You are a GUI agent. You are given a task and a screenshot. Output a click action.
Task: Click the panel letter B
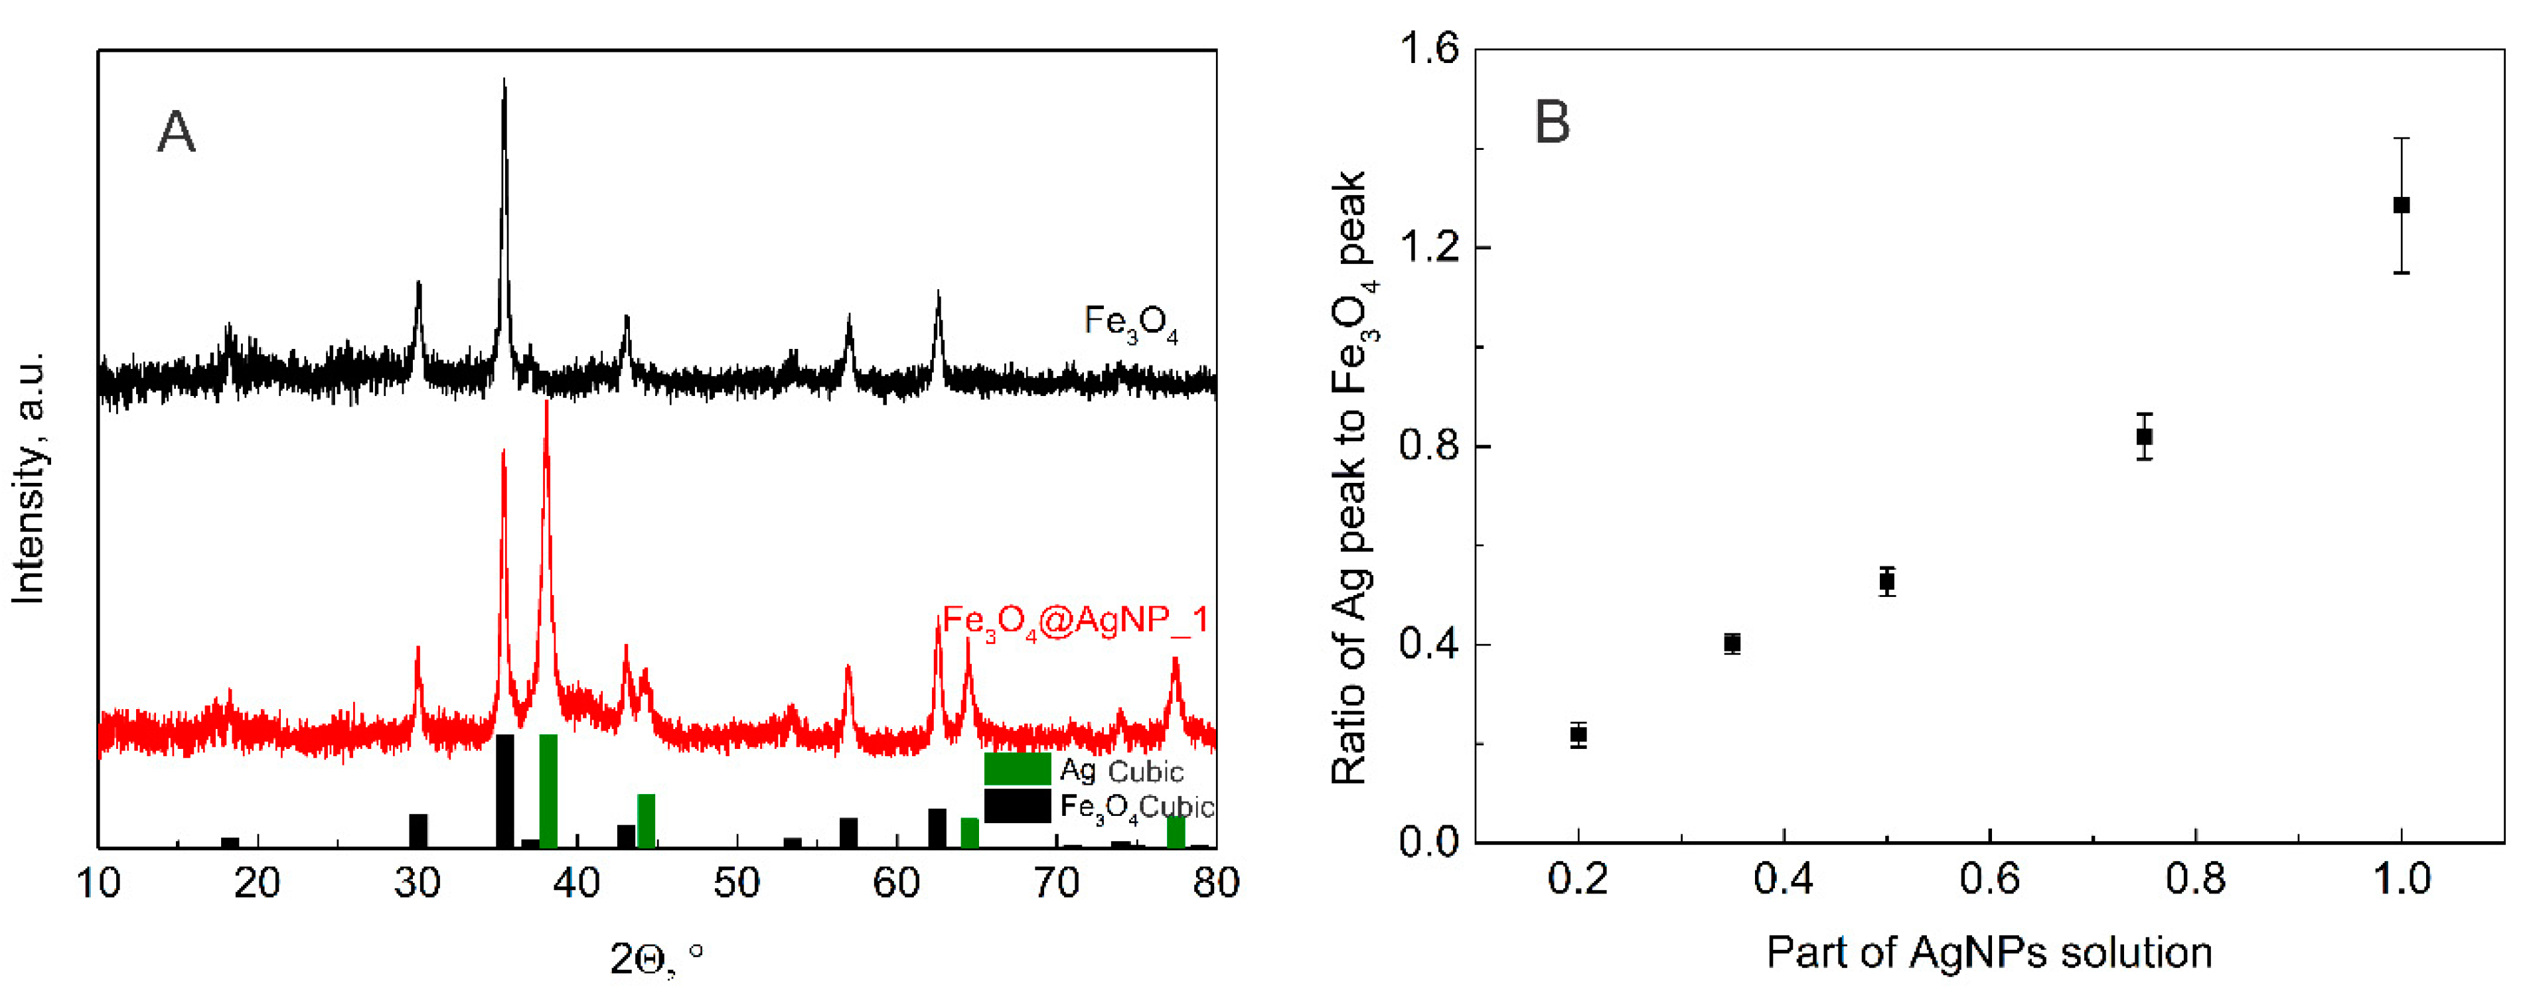(1552, 123)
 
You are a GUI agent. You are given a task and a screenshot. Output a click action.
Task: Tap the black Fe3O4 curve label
(1130, 324)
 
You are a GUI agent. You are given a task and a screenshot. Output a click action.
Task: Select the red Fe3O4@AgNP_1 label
(1075, 622)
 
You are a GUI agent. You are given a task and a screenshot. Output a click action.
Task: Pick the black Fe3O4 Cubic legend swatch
(1017, 805)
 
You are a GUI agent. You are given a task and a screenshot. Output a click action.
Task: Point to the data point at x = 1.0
(2401, 206)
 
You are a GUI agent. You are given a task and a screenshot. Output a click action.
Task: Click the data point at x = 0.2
(1578, 735)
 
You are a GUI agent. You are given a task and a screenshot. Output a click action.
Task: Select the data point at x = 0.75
(2143, 436)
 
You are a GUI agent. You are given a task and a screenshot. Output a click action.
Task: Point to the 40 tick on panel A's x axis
(576, 882)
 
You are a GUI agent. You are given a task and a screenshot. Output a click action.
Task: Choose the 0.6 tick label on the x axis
(1989, 878)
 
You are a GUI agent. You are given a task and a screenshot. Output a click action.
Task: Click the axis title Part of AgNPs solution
(1989, 952)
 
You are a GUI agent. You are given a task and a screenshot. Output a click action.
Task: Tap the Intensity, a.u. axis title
(29, 478)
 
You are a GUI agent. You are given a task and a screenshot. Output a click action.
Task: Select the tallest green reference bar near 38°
(548, 791)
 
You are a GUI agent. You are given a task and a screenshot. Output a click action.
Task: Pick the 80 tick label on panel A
(1215, 882)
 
